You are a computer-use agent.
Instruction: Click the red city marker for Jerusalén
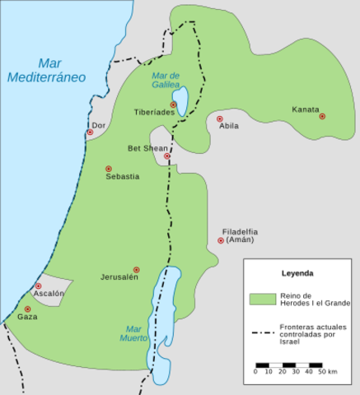[137, 270]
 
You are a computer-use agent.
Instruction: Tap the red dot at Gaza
[27, 309]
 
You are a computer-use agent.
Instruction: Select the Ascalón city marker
[38, 286]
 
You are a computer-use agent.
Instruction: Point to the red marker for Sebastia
[108, 169]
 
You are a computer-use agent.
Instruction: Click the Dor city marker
[90, 132]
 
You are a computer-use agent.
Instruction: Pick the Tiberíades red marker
[174, 105]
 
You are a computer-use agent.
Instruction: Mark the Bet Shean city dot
[167, 156]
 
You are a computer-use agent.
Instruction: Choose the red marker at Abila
[220, 118]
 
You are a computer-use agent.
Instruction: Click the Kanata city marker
[323, 117]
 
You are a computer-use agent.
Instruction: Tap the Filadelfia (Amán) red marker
[221, 240]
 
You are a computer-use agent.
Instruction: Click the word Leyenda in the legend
[297, 272]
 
